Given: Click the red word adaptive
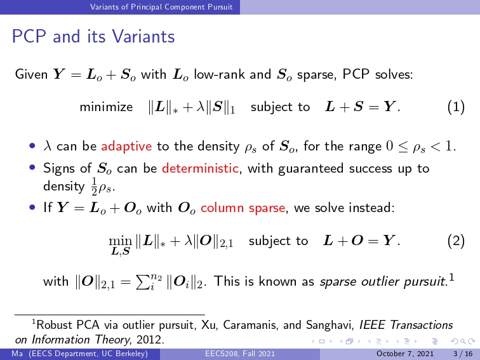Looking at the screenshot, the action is coord(126,146).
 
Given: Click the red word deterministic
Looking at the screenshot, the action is coord(200,168).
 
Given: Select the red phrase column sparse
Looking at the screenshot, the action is coord(243,208).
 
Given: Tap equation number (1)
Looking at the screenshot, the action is coord(456,107).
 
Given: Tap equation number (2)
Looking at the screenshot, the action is coord(456,241).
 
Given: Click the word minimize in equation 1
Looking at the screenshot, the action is coord(106,107).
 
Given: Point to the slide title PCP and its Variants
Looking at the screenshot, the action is coord(93,36).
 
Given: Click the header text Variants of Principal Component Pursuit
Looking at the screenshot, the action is coord(161,7).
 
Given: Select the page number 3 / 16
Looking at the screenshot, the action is coord(463,354).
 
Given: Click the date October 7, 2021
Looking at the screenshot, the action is coord(405,354).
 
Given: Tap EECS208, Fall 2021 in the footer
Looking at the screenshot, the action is coord(240,354).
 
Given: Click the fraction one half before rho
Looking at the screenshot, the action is coord(94,187).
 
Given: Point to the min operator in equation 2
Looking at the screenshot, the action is coord(120,241).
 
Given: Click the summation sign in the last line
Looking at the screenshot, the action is coord(141,282).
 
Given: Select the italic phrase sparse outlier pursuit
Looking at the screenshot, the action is coord(383,282).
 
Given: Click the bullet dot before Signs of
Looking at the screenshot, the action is coord(32,168).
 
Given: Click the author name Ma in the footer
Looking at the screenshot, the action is coord(17,354).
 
